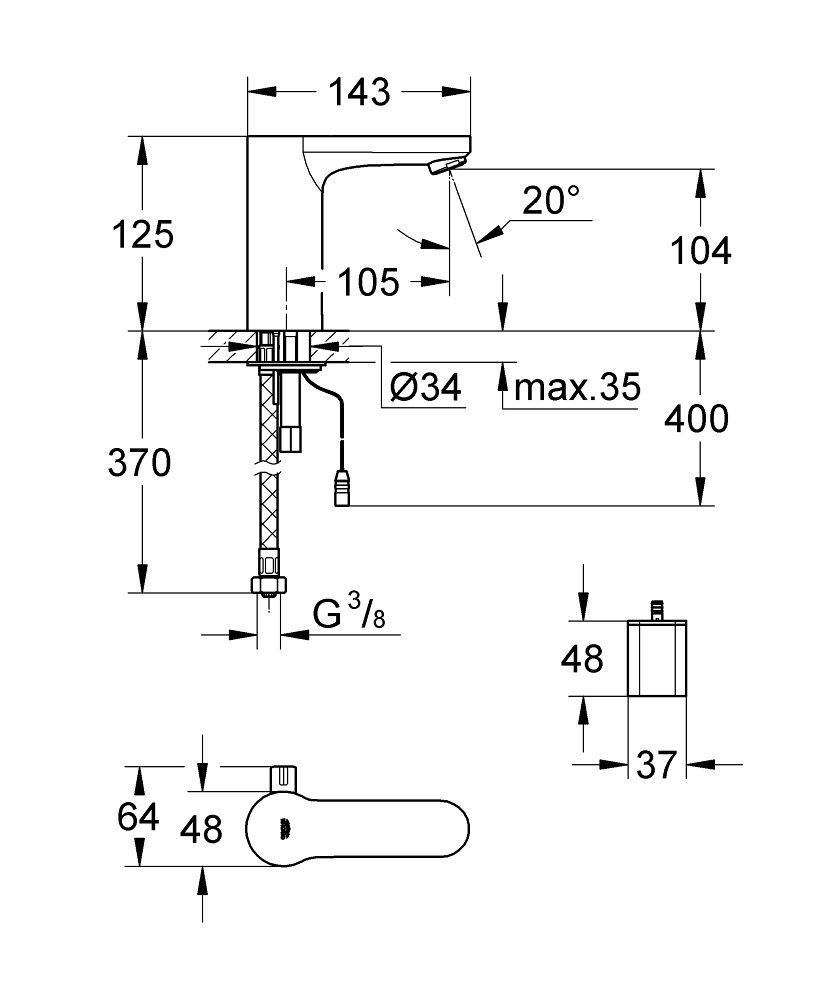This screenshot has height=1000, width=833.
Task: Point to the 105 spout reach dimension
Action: click(366, 282)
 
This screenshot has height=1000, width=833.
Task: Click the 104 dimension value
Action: click(699, 250)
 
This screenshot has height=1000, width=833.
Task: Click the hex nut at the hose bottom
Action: click(267, 584)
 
